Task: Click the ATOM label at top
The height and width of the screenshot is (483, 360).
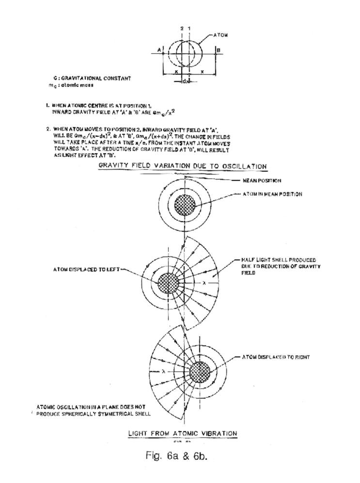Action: point(221,35)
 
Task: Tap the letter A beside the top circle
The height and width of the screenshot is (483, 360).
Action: point(159,49)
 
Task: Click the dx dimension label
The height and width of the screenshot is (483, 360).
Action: point(185,81)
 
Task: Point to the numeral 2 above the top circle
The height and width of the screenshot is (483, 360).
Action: point(182,29)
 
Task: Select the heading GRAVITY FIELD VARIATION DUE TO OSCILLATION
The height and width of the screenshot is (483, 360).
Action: point(182,166)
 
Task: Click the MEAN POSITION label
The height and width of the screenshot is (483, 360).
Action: point(262,180)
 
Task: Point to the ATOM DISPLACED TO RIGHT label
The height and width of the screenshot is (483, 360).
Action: point(276,357)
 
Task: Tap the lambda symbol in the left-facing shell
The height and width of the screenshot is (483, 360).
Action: point(165,372)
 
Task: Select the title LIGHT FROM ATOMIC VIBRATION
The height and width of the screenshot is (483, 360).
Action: point(182,433)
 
